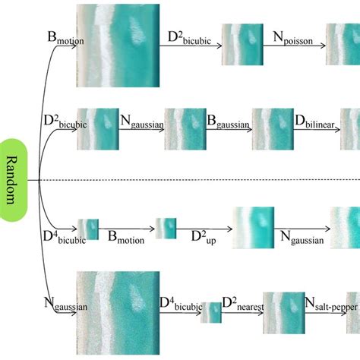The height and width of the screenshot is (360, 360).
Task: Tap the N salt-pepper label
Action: click(x=330, y=305)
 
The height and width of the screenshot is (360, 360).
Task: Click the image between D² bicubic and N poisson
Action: click(x=242, y=44)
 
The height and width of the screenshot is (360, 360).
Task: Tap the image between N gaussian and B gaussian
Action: click(x=186, y=128)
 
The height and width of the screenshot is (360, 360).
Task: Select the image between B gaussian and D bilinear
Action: click(x=273, y=128)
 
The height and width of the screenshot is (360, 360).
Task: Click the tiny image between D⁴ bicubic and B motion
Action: click(x=88, y=229)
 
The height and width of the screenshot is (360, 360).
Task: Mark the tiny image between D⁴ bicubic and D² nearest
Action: click(x=210, y=312)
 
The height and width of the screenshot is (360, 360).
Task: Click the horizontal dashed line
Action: click(x=197, y=180)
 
